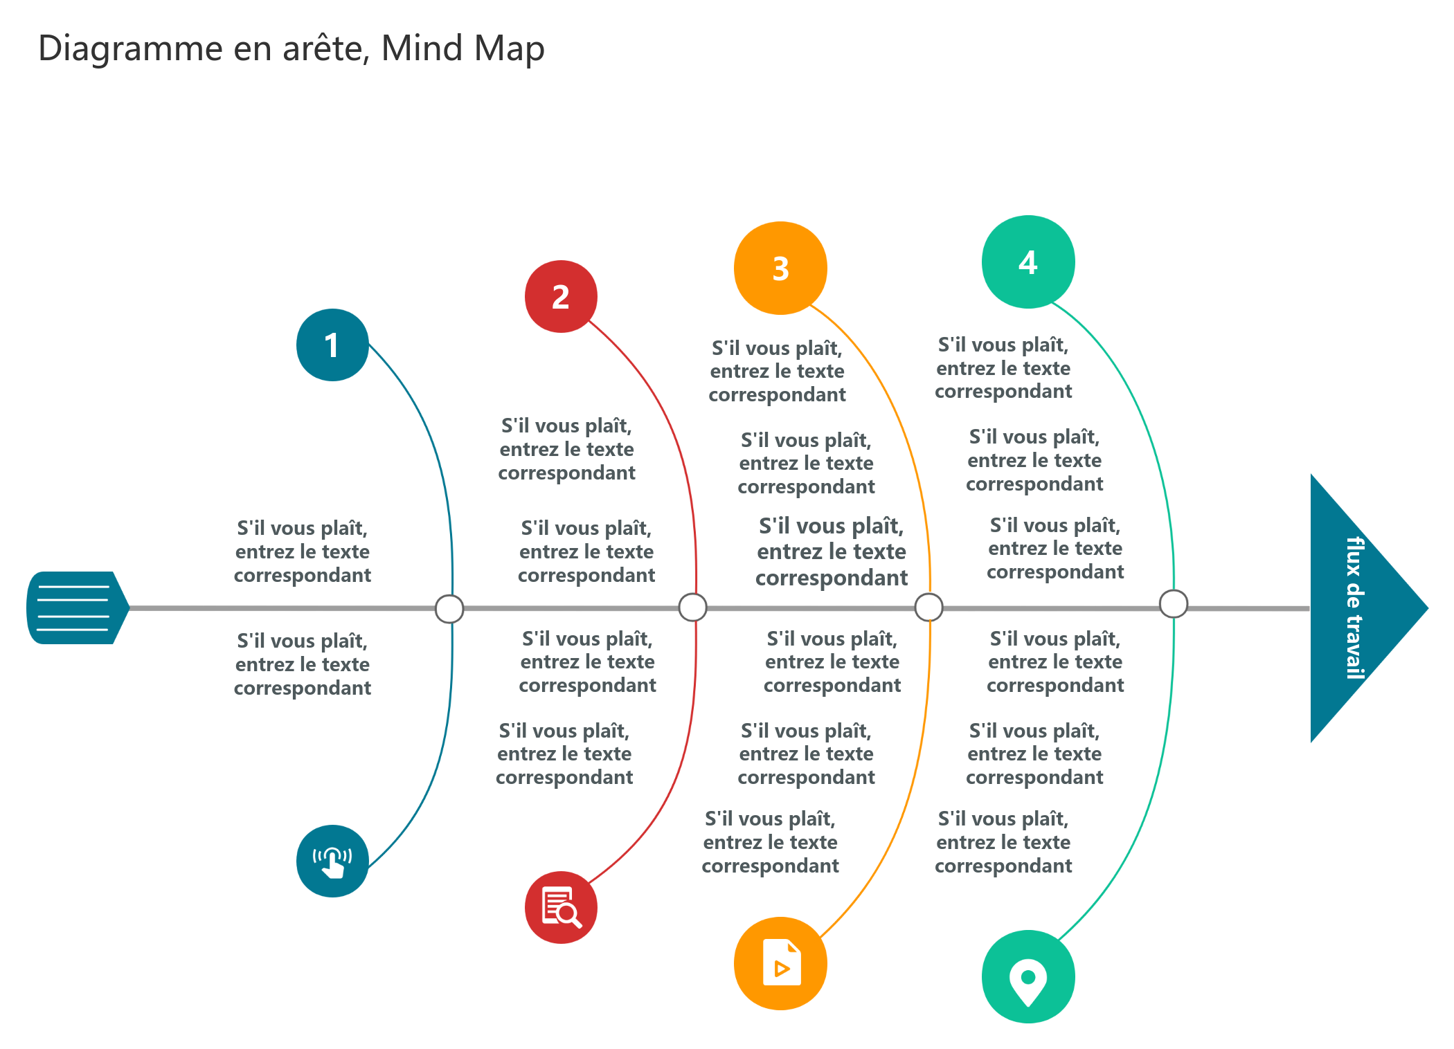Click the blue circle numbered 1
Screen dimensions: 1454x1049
[332, 345]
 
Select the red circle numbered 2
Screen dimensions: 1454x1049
[561, 296]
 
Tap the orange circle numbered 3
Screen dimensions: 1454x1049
[780, 268]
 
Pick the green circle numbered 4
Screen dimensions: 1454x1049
[1028, 262]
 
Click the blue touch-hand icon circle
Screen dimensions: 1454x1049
[332, 861]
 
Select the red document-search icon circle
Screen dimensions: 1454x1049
[561, 907]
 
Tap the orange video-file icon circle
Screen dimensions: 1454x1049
[780, 963]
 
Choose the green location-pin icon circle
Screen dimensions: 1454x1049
[1028, 976]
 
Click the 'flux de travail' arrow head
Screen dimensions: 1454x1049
[1357, 608]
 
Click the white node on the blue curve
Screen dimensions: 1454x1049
[449, 609]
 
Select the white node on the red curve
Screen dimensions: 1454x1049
[692, 608]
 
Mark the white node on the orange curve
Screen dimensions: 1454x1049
[928, 608]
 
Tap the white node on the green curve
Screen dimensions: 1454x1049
[1174, 603]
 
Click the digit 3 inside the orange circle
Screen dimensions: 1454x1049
[781, 268]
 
